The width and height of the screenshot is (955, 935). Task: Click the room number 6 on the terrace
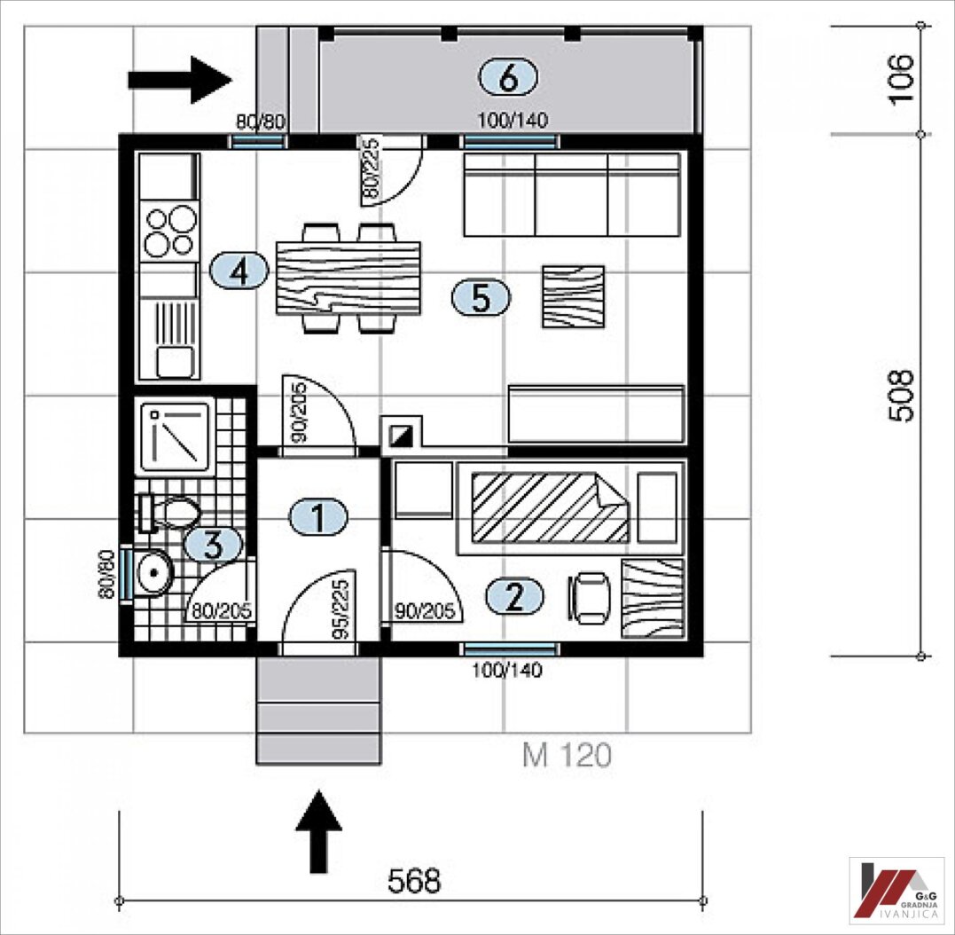pyautogui.click(x=508, y=78)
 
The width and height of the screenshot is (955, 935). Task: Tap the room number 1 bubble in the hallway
pyautogui.click(x=318, y=517)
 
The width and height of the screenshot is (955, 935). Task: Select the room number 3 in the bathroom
pyautogui.click(x=213, y=545)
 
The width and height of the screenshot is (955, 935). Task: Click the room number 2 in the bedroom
pyautogui.click(x=514, y=596)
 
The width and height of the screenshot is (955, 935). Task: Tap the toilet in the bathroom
pyautogui.click(x=168, y=513)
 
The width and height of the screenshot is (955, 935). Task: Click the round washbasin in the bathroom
pyautogui.click(x=152, y=572)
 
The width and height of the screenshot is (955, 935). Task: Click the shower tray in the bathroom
pyautogui.click(x=176, y=436)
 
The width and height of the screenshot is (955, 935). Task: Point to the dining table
pyautogui.click(x=348, y=278)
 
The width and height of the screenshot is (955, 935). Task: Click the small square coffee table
pyautogui.click(x=573, y=296)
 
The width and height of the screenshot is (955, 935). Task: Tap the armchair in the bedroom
pyautogui.click(x=590, y=598)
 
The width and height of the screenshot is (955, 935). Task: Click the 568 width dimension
pyautogui.click(x=414, y=881)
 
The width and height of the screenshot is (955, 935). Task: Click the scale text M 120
pyautogui.click(x=567, y=755)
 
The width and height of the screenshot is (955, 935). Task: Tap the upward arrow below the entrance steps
pyautogui.click(x=318, y=831)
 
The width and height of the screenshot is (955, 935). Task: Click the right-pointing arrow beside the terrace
pyautogui.click(x=180, y=80)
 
